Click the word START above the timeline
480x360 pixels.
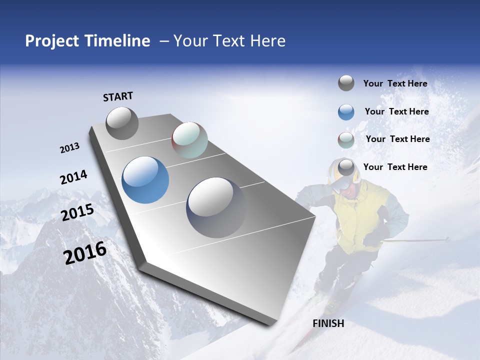tap(118, 96)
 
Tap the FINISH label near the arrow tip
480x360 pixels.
tap(328, 323)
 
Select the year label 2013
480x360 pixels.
tap(69, 148)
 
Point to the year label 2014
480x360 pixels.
tap(73, 177)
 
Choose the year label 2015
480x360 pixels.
tap(77, 212)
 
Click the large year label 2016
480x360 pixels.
tap(85, 253)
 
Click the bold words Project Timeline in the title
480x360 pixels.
tap(87, 41)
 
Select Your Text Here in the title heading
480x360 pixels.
tap(229, 41)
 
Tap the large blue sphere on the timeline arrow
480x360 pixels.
tap(145, 180)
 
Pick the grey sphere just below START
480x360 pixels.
tap(122, 123)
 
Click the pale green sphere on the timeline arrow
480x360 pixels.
tap(189, 140)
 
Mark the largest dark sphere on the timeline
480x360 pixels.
tap(216, 207)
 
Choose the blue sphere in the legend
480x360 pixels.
tap(346, 112)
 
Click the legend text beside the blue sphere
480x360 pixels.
tap(396, 111)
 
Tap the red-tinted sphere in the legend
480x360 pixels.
tap(346, 140)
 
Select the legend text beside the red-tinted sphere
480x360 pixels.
tap(397, 139)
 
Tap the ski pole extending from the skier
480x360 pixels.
tap(415, 240)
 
